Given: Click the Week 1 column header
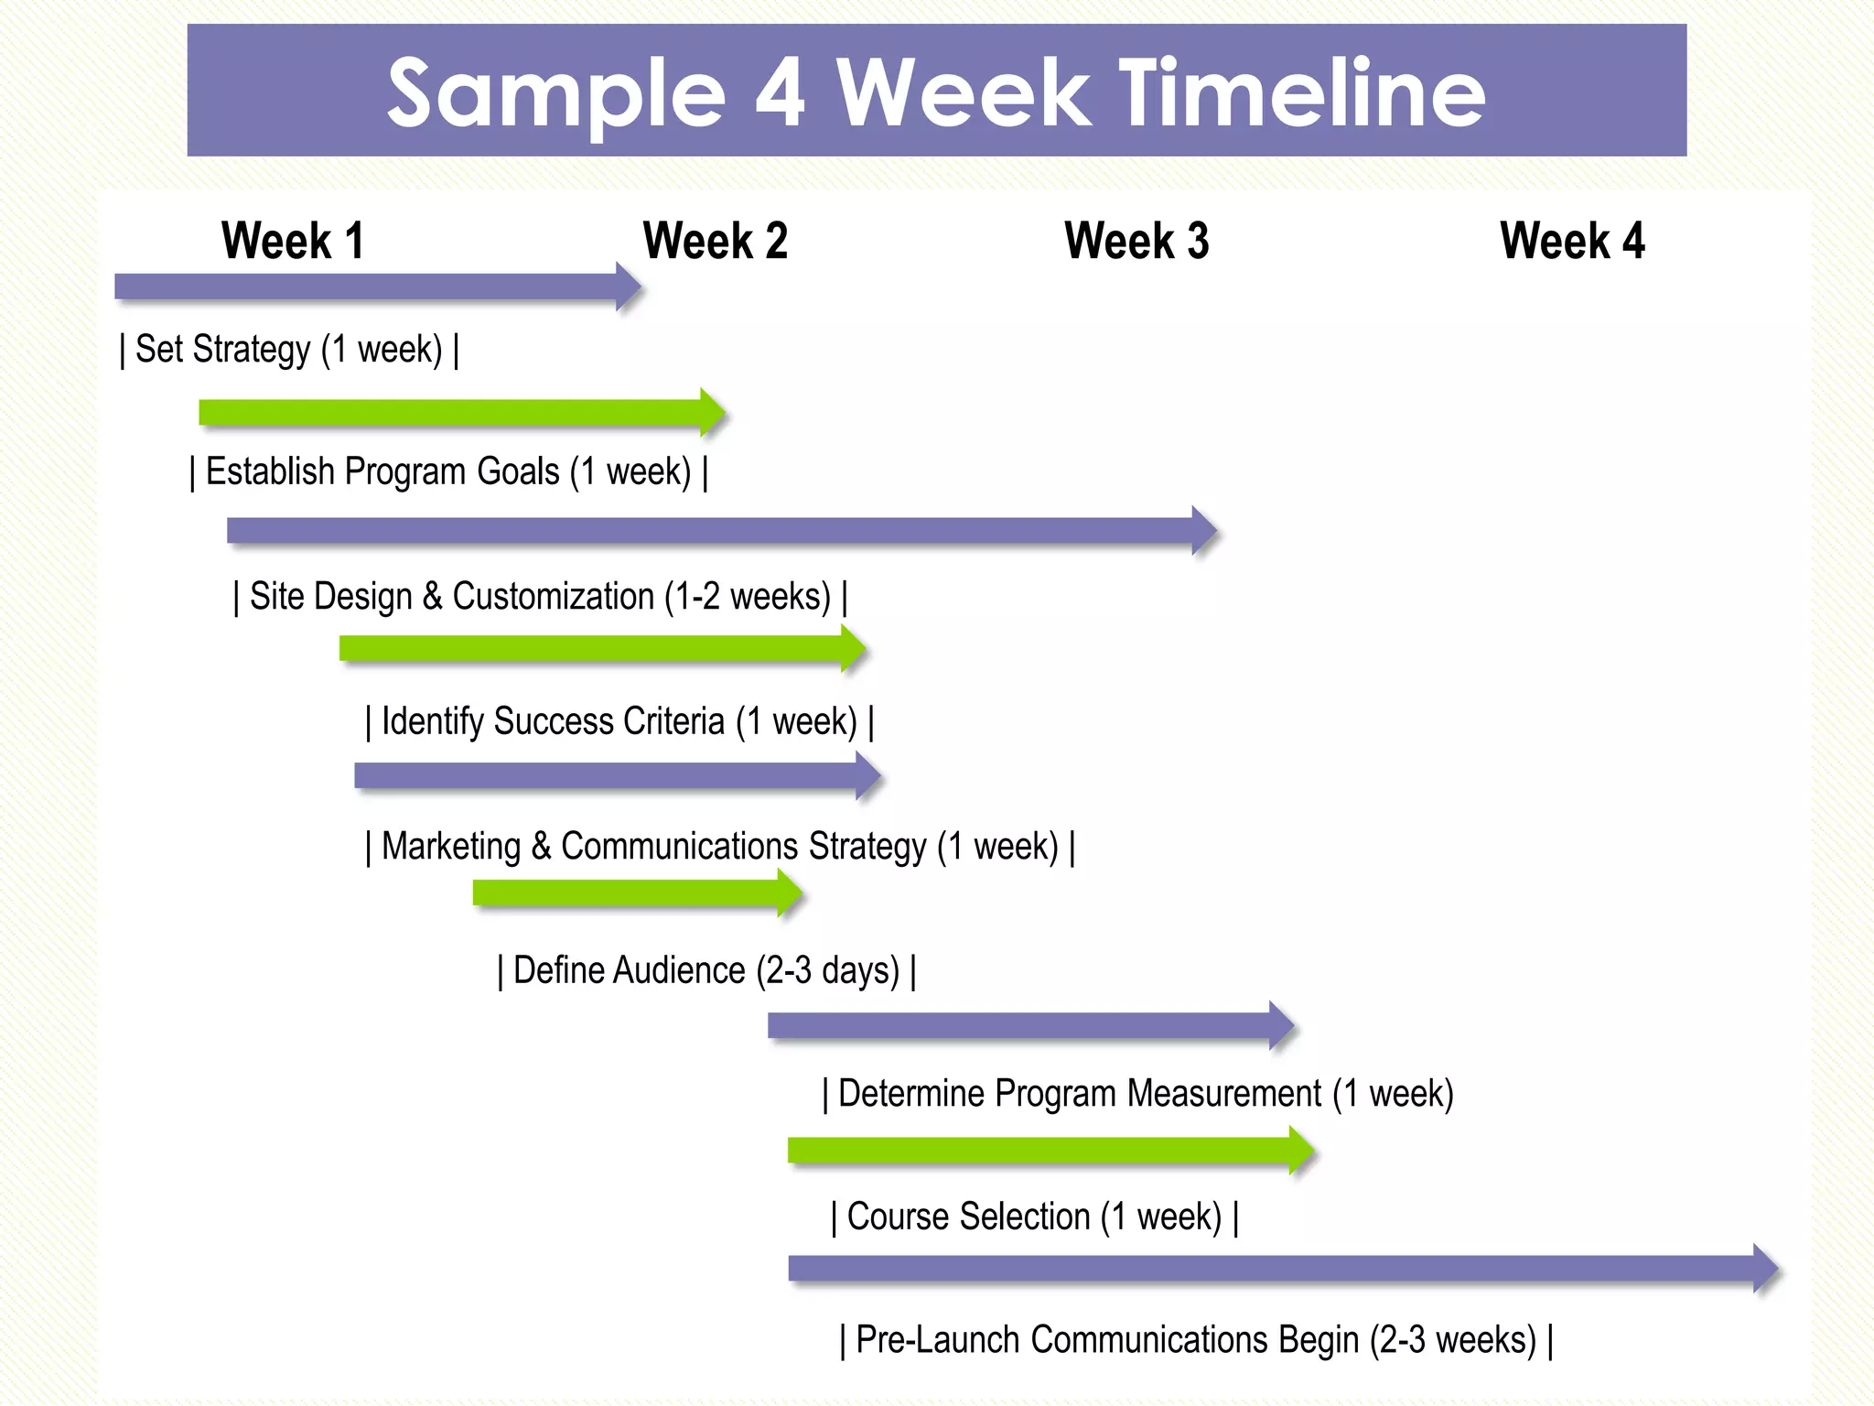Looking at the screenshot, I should tap(293, 242).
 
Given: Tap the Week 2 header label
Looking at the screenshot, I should tap(715, 242).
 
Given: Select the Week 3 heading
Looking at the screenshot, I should tap(1136, 242).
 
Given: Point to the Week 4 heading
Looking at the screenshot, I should tap(1572, 242).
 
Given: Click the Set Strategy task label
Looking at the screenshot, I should tap(289, 350).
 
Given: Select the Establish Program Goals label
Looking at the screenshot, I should tap(448, 472).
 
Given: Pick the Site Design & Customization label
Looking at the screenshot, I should tap(540, 597).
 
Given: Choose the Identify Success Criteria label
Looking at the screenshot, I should tap(619, 721).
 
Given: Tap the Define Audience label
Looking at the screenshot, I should tap(706, 970).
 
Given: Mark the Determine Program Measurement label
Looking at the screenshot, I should tap(1137, 1094).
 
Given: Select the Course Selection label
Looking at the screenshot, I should tap(1035, 1217).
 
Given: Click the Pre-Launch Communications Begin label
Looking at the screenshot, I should tap(1196, 1340).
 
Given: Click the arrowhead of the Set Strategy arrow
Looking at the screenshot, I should tap(628, 287).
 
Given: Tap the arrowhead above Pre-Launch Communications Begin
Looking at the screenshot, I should tap(1765, 1269).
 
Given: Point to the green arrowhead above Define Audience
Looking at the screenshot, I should tap(789, 893).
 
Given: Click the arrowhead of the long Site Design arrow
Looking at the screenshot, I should tap(1204, 531).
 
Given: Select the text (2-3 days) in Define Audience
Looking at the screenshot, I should tap(828, 970).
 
